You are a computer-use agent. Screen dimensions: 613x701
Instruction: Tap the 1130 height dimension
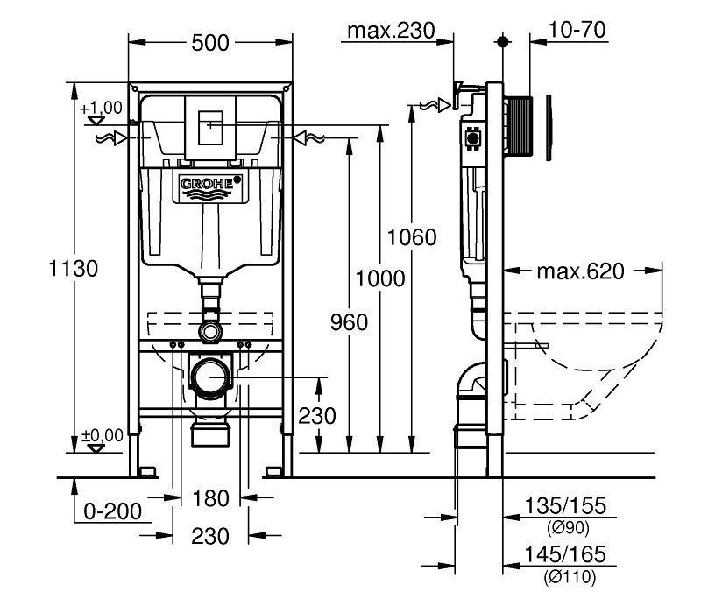(x=74, y=268)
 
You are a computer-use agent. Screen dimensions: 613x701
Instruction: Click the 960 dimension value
(x=350, y=323)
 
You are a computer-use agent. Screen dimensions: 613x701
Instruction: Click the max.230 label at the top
(x=392, y=32)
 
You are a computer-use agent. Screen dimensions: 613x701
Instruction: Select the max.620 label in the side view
(x=581, y=271)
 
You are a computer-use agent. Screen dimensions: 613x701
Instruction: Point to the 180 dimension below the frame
(x=210, y=499)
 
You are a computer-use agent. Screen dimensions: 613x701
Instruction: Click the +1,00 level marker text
(x=101, y=108)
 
